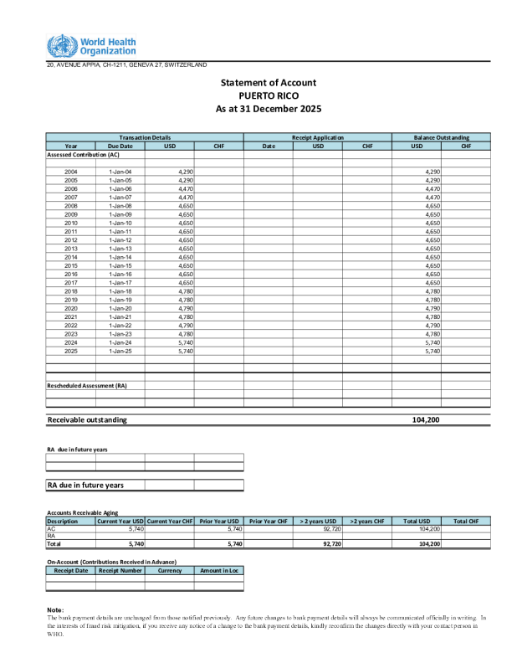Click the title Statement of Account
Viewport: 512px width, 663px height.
tap(268, 83)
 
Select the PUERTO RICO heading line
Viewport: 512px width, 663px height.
tap(268, 95)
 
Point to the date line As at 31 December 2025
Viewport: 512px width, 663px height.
tap(268, 109)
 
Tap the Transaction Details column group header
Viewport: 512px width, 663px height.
tap(145, 137)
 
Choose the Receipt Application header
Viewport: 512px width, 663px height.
tap(317, 137)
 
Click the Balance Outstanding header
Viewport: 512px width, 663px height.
tap(441, 137)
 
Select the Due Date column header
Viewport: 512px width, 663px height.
tap(120, 146)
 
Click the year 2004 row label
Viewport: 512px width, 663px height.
tap(71, 172)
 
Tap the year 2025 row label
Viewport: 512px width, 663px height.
tap(71, 351)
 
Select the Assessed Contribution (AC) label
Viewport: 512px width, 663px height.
tap(83, 155)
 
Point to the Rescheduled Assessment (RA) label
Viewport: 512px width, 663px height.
tap(87, 385)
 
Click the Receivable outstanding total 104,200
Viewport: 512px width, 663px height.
tap(426, 419)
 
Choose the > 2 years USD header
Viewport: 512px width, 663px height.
tap(317, 521)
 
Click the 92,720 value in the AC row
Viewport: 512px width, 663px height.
tap(330, 529)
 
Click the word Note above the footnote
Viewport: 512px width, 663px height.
tap(55, 609)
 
